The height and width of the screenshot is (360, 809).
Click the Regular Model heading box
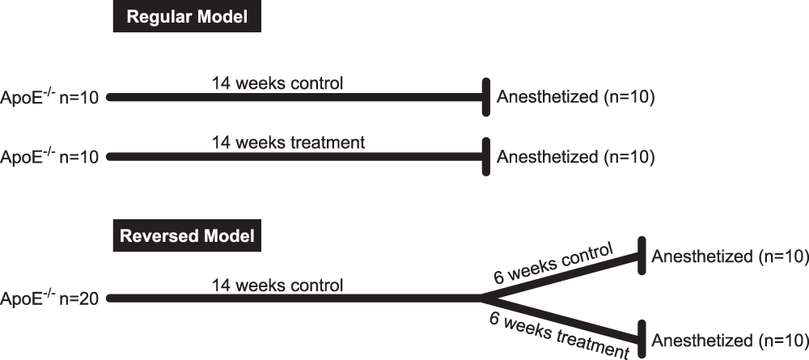(x=186, y=18)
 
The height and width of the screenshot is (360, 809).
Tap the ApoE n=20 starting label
(x=50, y=299)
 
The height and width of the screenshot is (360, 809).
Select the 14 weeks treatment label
(x=288, y=142)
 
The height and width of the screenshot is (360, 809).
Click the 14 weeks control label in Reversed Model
(x=277, y=285)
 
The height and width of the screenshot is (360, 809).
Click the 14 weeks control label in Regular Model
(x=277, y=83)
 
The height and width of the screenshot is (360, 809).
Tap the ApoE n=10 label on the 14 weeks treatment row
(x=50, y=156)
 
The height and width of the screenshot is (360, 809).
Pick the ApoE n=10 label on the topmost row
(x=50, y=97)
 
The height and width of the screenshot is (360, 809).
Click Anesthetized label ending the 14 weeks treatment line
(x=575, y=156)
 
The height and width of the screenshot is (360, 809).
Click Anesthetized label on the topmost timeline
(x=575, y=97)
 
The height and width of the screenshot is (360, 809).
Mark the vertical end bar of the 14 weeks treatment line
(x=486, y=156)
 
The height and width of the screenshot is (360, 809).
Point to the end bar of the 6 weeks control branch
(x=642, y=256)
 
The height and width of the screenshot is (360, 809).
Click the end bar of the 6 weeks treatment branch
(x=642, y=339)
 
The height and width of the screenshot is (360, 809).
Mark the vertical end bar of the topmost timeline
(x=486, y=97)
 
